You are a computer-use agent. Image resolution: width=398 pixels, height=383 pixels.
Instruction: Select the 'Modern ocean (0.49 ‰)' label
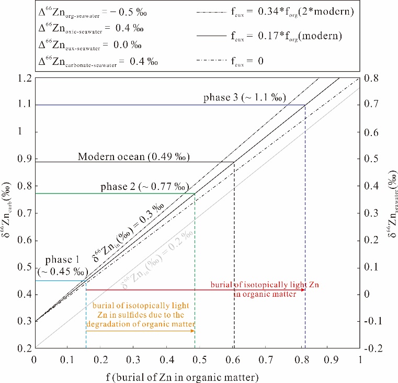(133, 156)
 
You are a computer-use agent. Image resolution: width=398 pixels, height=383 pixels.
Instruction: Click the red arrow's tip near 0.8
(304, 289)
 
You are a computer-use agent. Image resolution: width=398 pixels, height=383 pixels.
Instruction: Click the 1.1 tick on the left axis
(24, 105)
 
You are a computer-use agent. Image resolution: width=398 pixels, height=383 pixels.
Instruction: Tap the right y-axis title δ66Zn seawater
(391, 212)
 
